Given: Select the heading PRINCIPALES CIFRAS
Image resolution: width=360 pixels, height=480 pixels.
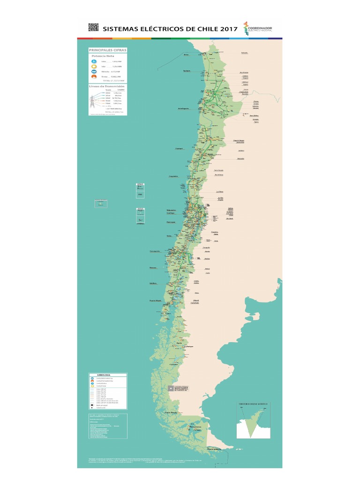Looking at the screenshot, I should pyautogui.click(x=108, y=50).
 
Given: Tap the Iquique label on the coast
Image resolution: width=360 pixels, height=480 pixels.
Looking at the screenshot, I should pyautogui.click(x=186, y=71).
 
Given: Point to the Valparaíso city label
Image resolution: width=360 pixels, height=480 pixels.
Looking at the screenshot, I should pyautogui.click(x=171, y=210).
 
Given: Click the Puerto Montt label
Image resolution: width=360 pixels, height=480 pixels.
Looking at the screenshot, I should pyautogui.click(x=155, y=300).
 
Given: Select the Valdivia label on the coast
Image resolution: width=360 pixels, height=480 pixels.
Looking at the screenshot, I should pyautogui.click(x=153, y=283).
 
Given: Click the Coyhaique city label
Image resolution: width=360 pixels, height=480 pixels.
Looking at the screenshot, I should pyautogui.click(x=188, y=347).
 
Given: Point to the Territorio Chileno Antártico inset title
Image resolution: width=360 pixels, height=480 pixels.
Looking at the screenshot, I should pyautogui.click(x=253, y=403).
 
